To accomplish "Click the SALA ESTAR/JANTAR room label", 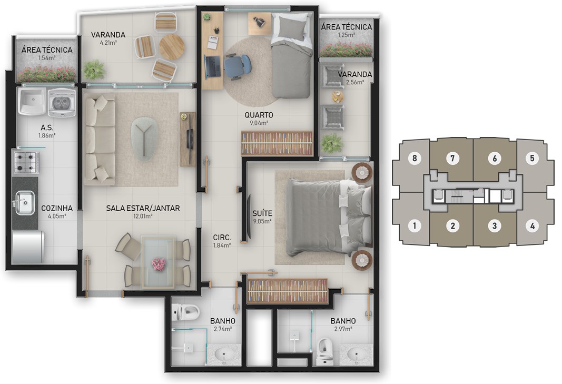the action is coord(143,208).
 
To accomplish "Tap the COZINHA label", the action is coord(57,208).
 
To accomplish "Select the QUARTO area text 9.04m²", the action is coord(259,123).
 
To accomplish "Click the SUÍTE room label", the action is coord(262,213).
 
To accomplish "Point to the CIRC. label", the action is coord(222,238).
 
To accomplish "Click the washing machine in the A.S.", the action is coord(62,103).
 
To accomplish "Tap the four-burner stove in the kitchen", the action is coord(26,162).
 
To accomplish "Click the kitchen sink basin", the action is coord(25,203).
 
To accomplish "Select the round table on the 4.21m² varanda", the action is coord(172,47).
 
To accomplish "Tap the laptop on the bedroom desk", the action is coord(212,66).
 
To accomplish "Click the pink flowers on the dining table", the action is coord(158,264).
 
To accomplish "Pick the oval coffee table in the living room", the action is coord(144,139).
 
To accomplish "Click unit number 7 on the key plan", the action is coord(452,158).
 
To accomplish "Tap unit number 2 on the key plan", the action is coord(452,226).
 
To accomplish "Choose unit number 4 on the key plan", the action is coord(533,226).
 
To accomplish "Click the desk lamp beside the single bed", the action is coord(258,22).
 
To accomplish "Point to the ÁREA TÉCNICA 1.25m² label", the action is coord(346,30).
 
